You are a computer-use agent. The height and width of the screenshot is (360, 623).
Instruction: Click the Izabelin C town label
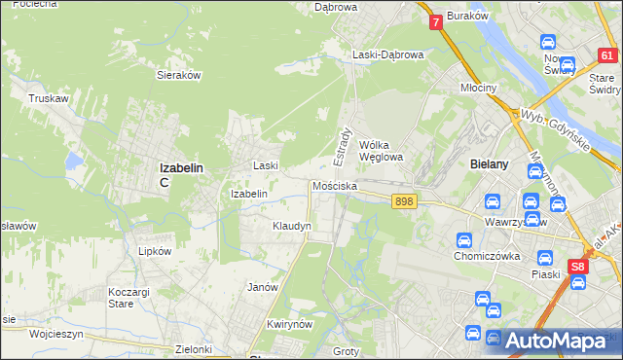click(181, 173)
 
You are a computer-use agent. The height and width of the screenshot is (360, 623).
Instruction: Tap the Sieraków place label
click(178, 74)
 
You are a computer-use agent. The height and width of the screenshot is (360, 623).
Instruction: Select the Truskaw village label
click(47, 98)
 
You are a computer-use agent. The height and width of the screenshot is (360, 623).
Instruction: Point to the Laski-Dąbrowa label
click(388, 55)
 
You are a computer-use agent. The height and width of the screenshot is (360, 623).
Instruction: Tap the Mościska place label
click(335, 185)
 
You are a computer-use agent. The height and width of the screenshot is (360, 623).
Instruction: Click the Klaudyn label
click(291, 226)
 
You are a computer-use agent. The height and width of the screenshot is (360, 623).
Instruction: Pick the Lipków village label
click(155, 250)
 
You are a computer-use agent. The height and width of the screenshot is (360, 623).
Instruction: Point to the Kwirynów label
click(287, 324)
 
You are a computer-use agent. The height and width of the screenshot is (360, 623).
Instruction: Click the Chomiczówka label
click(488, 257)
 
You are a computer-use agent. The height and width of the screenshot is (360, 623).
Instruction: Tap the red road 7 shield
click(435, 20)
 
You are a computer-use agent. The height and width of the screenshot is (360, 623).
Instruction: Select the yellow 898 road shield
click(405, 201)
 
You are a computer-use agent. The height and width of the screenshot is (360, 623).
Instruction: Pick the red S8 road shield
click(579, 266)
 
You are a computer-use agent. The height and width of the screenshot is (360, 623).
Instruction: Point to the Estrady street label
click(344, 144)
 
